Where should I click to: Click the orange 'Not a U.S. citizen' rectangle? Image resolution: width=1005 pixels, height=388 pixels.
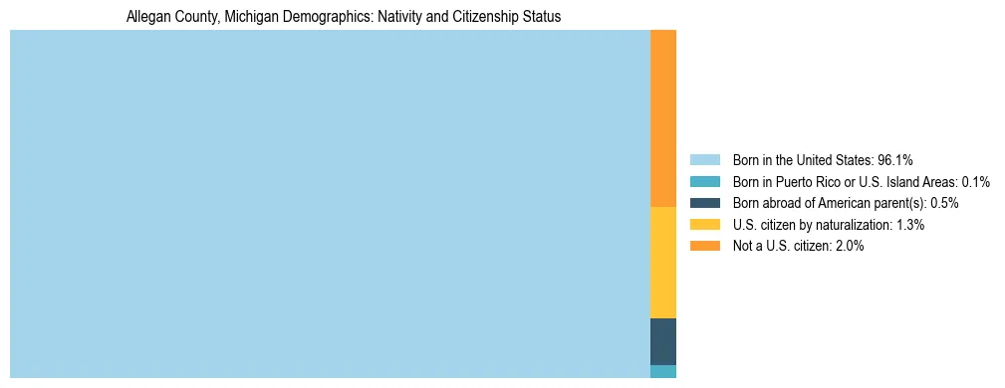pos(662,117)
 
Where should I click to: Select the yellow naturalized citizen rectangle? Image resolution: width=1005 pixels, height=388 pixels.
pos(662,262)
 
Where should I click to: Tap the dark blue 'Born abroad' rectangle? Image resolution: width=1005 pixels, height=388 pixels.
pos(662,341)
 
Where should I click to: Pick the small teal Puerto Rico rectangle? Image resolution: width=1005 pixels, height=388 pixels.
pos(662,371)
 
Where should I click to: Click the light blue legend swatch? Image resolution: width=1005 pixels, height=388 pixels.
pos(704,159)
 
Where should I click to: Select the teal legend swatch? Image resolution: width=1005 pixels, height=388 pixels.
pos(704,181)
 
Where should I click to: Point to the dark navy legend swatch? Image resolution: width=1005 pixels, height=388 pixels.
pos(704,203)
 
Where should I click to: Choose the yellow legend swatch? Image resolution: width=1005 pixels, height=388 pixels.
pos(704,225)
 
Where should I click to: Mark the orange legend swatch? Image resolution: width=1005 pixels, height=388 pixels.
pos(704,246)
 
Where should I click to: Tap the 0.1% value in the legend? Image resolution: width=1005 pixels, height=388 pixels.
pos(976,181)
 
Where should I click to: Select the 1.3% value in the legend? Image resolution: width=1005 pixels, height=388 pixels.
pos(909,225)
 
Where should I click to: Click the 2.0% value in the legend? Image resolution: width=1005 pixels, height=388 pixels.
pos(849,246)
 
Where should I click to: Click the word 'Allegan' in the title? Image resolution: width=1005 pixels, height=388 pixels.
pos(147,17)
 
